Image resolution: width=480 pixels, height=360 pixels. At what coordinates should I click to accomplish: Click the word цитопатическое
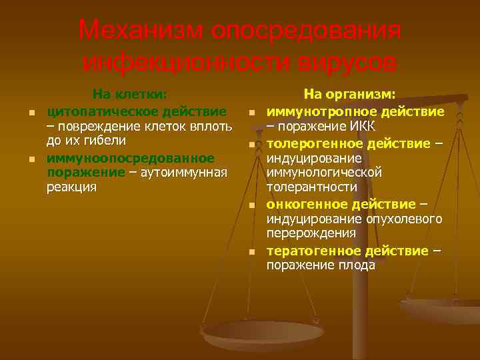[95, 110]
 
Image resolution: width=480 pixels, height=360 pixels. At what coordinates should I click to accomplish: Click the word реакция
[71, 187]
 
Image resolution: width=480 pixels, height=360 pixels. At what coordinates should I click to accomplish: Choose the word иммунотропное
[316, 111]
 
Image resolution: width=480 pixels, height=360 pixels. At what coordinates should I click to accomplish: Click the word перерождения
[311, 233]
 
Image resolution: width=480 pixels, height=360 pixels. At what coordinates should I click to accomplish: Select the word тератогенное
[314, 250]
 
